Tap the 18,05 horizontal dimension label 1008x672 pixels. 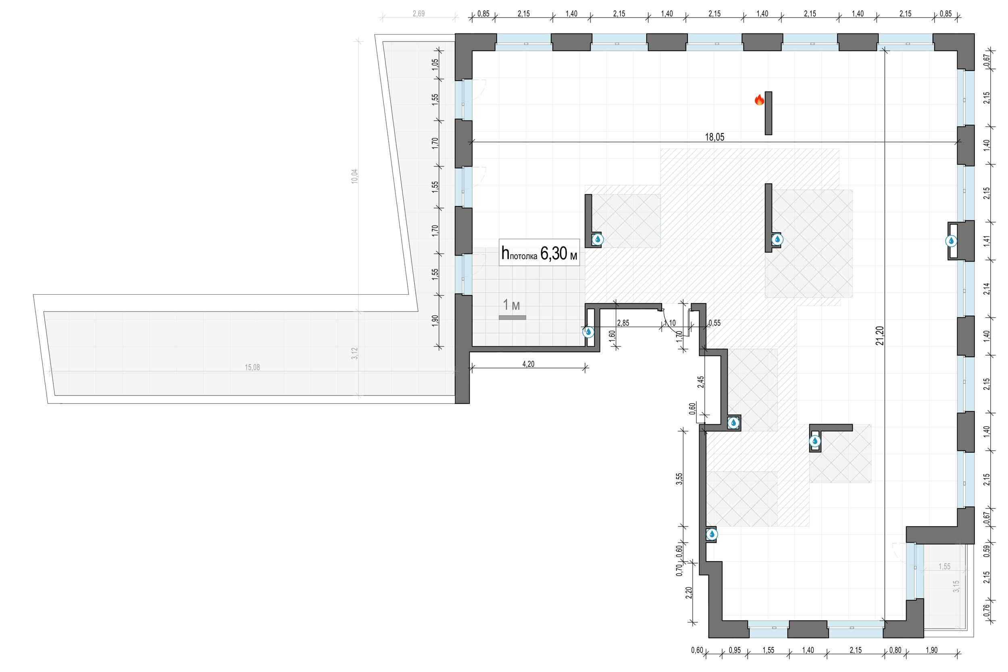click(x=714, y=137)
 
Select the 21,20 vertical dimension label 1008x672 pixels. click(x=880, y=335)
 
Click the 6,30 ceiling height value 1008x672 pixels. click(x=553, y=253)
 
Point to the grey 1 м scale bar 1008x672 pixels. click(x=512, y=318)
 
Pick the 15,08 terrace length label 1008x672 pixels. click(x=252, y=367)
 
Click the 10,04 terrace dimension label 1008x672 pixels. click(x=354, y=177)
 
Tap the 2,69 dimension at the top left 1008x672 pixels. click(x=418, y=14)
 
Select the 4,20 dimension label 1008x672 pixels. click(x=528, y=364)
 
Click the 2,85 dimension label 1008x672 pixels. click(x=623, y=323)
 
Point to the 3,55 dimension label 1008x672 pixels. click(x=679, y=479)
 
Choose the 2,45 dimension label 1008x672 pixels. click(x=700, y=382)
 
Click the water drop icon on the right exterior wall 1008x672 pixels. click(x=951, y=241)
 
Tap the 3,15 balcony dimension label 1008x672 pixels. click(x=956, y=586)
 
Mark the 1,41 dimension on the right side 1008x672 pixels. click(x=987, y=241)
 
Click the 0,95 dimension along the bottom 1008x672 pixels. click(x=735, y=650)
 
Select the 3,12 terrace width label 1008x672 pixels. click(x=354, y=353)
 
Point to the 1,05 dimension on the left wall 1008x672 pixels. click(x=435, y=65)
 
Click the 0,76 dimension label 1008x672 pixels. click(x=987, y=610)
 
